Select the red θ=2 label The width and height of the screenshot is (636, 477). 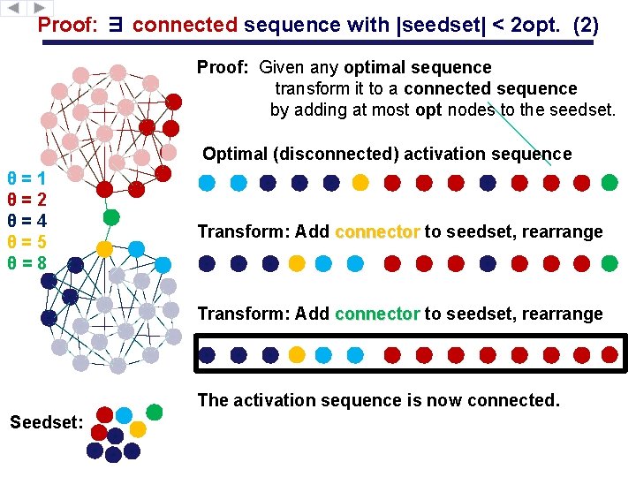coord(26,199)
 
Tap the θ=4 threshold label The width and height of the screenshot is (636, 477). coord(26,220)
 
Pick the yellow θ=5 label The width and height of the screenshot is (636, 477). coord(26,241)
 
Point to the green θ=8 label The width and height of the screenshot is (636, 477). coord(26,263)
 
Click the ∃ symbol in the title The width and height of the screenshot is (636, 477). coord(116,26)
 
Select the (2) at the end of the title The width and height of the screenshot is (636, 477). coord(586,26)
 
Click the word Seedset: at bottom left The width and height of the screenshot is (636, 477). coord(46,422)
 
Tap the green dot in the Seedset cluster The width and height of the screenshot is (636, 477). coord(155,412)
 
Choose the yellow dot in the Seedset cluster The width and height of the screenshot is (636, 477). coord(138,429)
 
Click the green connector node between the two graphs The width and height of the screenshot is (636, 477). coord(111,216)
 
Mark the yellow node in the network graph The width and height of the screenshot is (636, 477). coord(104,249)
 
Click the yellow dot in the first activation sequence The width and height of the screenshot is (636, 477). coord(360,183)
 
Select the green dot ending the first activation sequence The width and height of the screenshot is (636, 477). coord(609,183)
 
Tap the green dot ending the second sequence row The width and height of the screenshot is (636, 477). coord(609,263)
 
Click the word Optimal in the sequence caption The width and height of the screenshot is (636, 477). coord(235,154)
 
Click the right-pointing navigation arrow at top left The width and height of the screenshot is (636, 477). coord(42,7)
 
